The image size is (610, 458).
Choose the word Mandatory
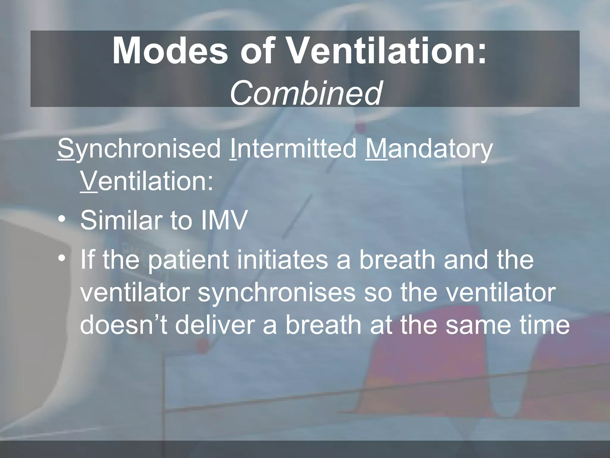(x=429, y=150)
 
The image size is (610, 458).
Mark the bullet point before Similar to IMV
(x=62, y=220)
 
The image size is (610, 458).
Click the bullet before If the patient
(x=62, y=259)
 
